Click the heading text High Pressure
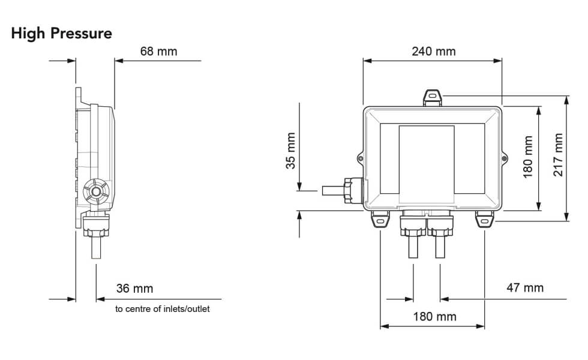tap(61, 34)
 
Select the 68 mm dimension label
tap(158, 51)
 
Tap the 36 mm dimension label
tap(134, 289)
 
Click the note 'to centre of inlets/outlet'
tap(163, 310)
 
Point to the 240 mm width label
tap(433, 51)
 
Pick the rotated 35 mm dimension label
tap(290, 151)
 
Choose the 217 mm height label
tap(559, 155)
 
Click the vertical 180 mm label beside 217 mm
tap(528, 155)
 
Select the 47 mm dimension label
tap(525, 287)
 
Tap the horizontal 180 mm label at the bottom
tap(434, 316)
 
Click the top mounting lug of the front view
tap(433, 97)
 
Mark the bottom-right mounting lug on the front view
tap(484, 220)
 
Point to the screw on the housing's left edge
tap(360, 158)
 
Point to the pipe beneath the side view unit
tap(96, 247)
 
